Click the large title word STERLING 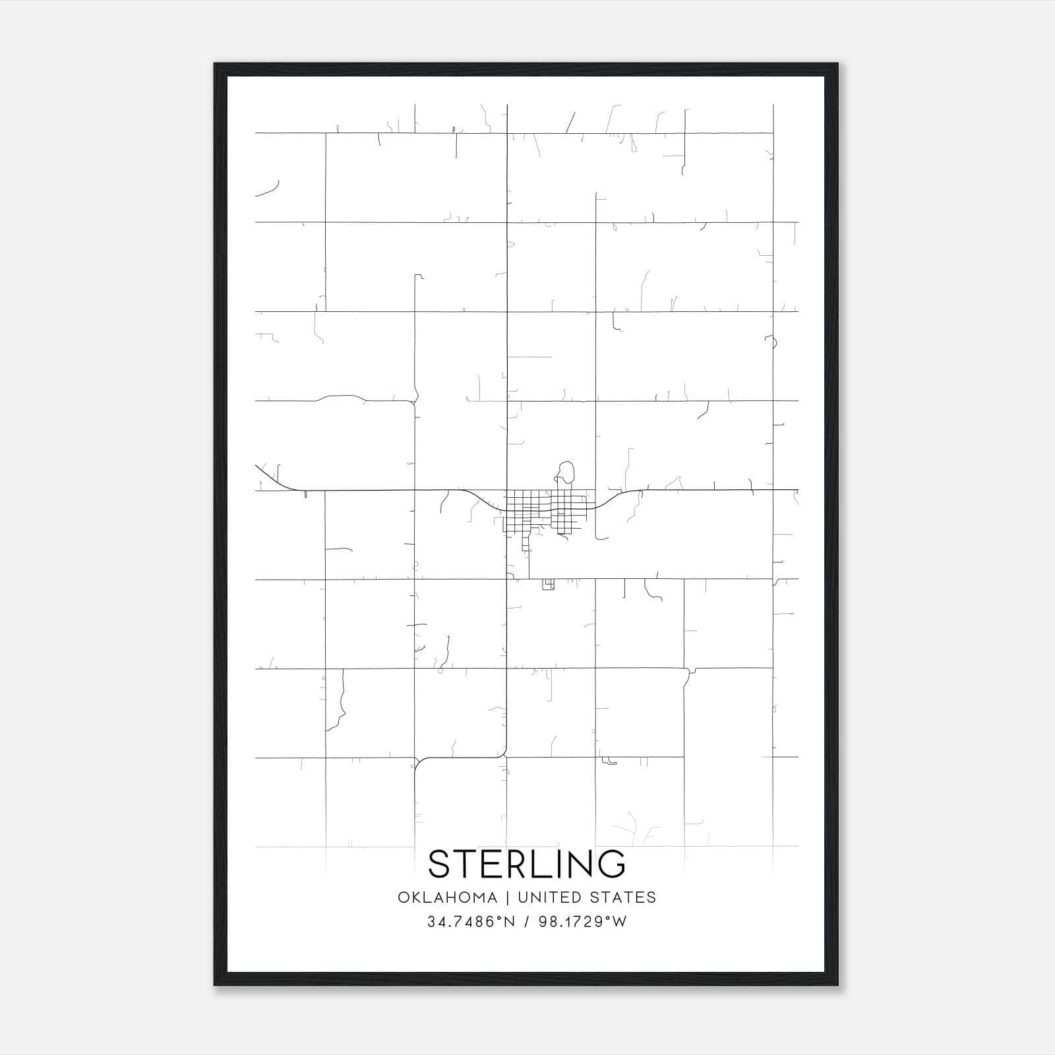coord(527,864)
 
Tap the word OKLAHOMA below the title coord(447,897)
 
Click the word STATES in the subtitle coord(623,897)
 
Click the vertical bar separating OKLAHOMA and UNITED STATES coord(508,897)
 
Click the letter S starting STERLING coord(440,864)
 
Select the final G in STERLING coord(612,864)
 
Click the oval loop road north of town coord(566,472)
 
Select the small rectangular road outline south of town coord(548,584)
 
